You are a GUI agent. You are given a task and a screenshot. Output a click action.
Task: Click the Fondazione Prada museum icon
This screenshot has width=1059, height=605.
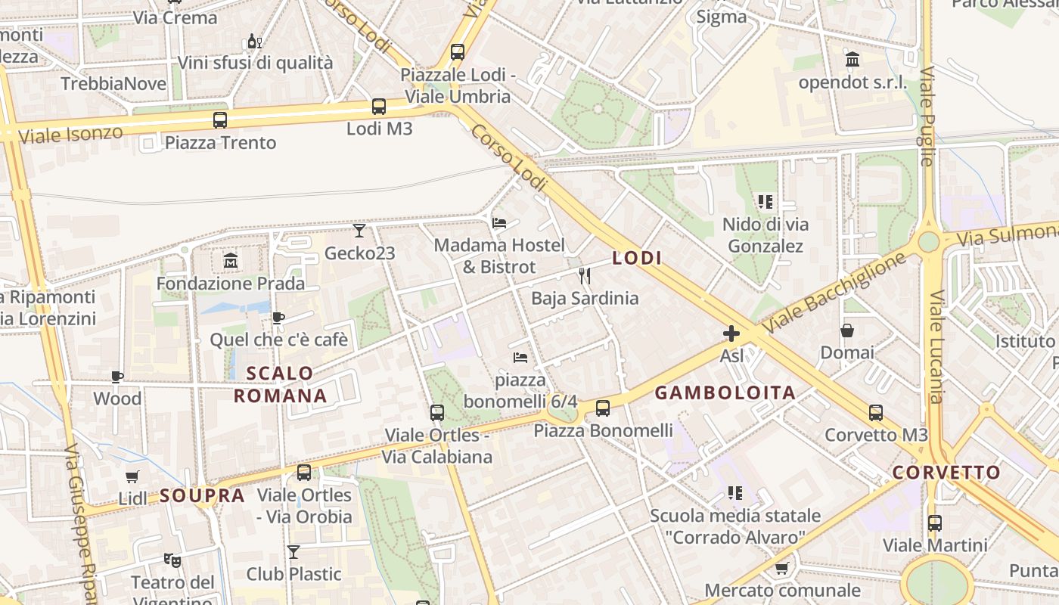click(x=231, y=262)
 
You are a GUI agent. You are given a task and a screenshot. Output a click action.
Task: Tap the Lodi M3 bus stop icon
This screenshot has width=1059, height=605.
click(x=379, y=107)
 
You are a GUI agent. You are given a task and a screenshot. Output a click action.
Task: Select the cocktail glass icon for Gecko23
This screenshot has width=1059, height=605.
click(x=359, y=230)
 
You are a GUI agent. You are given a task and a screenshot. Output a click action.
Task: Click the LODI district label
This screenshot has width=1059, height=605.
click(x=637, y=259)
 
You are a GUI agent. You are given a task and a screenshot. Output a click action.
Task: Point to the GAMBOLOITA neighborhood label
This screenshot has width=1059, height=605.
click(x=725, y=392)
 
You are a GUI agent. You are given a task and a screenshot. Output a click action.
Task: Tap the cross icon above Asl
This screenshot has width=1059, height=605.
click(x=731, y=334)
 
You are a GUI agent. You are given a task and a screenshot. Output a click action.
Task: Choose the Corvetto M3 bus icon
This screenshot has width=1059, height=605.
click(x=876, y=413)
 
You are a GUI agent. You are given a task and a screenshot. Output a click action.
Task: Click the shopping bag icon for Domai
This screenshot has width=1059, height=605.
click(x=847, y=330)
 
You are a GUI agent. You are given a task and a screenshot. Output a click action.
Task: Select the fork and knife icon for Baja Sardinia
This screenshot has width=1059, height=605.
click(x=584, y=276)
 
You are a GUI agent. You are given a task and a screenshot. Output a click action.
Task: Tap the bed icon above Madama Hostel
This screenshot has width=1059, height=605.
click(x=499, y=223)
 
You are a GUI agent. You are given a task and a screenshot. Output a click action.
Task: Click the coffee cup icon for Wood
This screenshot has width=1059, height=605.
click(x=117, y=377)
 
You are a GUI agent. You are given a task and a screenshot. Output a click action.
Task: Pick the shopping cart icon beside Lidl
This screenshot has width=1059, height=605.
click(x=132, y=476)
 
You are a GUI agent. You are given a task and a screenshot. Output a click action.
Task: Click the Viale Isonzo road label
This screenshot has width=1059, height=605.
click(x=70, y=135)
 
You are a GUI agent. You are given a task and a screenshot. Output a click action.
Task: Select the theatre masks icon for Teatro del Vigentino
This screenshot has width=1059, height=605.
click(x=172, y=560)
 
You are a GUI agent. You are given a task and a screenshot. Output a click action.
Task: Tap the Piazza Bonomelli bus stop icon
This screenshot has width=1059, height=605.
click(x=603, y=408)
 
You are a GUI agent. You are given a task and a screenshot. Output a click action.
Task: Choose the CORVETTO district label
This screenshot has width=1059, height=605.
click(x=946, y=473)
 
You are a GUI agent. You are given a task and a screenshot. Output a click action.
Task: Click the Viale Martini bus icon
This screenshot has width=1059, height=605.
click(x=935, y=523)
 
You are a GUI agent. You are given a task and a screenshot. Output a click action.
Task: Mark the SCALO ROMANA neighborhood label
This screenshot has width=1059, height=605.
click(x=280, y=384)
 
